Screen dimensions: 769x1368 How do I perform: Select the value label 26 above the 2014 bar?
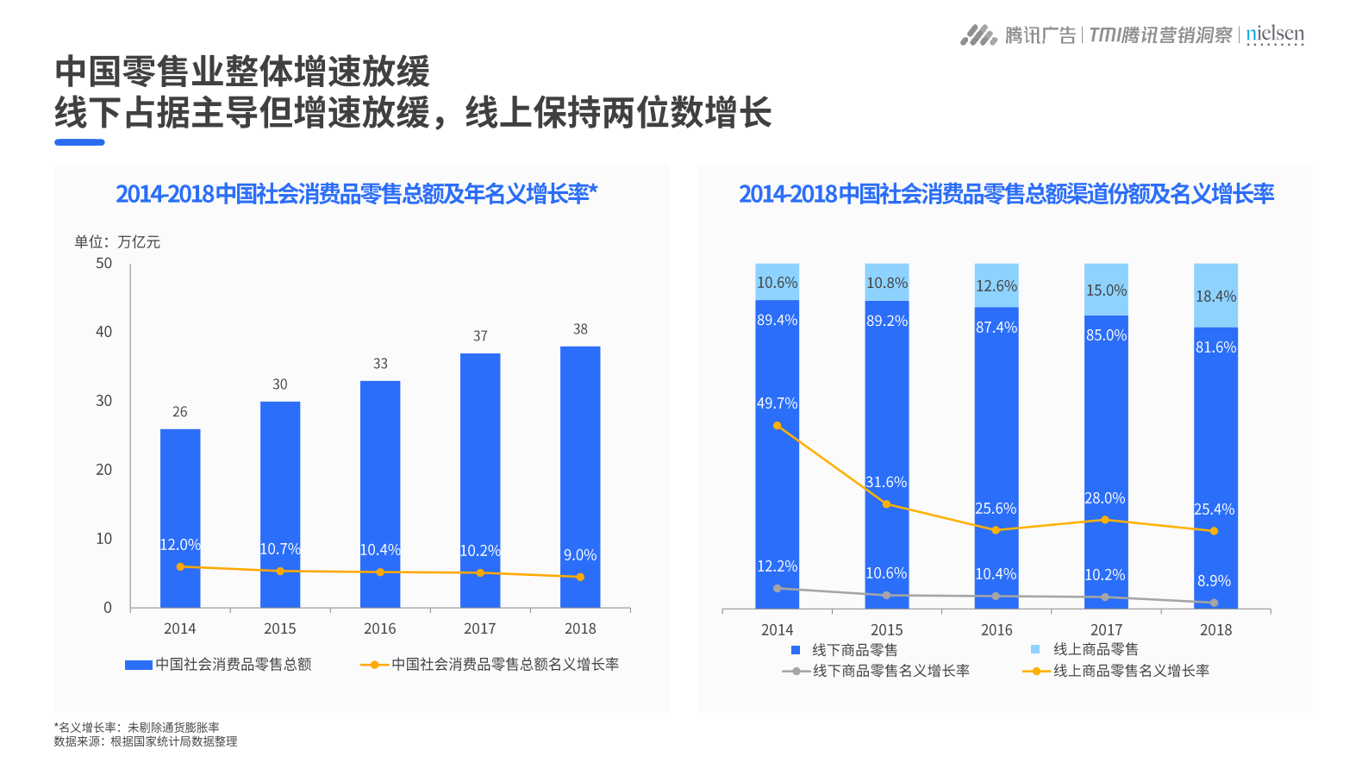(x=180, y=412)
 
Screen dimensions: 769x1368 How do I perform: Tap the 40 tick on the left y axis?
(x=103, y=332)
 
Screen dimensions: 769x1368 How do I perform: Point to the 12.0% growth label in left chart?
(x=180, y=545)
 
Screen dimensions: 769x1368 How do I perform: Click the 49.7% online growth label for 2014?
(x=777, y=403)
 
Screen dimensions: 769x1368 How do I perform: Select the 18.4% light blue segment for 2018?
(x=1215, y=296)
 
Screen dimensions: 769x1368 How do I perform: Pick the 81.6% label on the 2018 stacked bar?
(x=1215, y=347)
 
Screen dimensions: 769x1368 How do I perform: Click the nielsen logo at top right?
(x=1275, y=34)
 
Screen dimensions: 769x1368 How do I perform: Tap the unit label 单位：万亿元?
(x=117, y=242)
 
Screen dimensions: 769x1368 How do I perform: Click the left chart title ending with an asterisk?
(x=357, y=194)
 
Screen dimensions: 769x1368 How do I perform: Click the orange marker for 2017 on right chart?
(x=1105, y=520)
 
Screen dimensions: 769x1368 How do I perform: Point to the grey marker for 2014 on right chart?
(x=778, y=589)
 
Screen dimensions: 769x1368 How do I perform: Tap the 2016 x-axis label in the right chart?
(x=996, y=630)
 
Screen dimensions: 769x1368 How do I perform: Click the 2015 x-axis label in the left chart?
(x=280, y=629)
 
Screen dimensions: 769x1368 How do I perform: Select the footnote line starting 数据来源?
(x=146, y=741)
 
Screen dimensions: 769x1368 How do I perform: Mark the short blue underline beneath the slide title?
(x=79, y=142)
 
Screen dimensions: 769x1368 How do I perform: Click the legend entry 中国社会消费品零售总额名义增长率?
(x=504, y=665)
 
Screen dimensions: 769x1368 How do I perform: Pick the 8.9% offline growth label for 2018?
(x=1214, y=581)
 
